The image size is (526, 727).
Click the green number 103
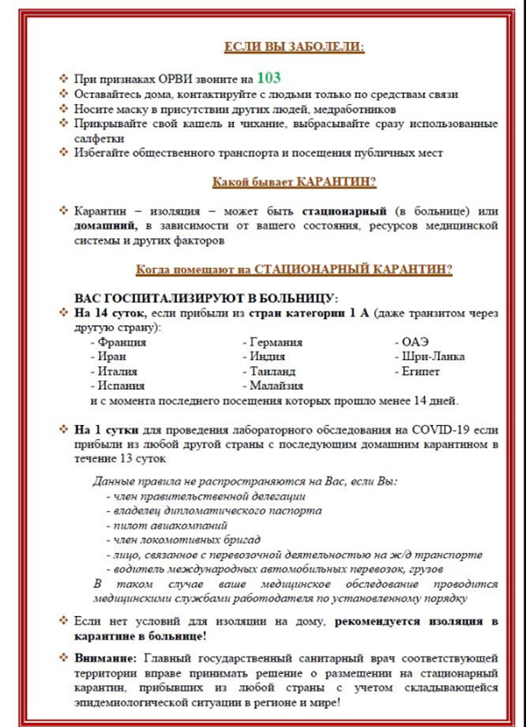click(269, 76)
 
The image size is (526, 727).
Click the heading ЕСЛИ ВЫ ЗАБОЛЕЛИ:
click(293, 48)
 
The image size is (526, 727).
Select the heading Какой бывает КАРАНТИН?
click(293, 182)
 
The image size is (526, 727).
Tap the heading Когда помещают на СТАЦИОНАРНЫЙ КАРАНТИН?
click(293, 270)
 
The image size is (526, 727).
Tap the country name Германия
click(276, 342)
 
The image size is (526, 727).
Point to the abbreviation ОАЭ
click(414, 342)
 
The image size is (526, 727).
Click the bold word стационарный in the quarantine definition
click(340, 210)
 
